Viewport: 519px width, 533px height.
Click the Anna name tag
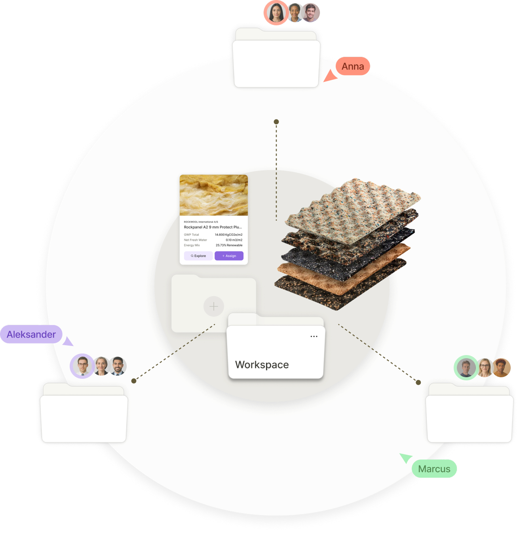(353, 66)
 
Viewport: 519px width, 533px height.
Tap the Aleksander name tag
(31, 335)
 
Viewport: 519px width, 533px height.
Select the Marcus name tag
(434, 469)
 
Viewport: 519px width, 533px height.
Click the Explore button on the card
(198, 256)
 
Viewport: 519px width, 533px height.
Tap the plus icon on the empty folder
(214, 306)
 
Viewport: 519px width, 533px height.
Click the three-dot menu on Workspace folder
(314, 336)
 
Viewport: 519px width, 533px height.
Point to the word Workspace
(262, 365)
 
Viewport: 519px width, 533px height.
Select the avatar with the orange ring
(276, 13)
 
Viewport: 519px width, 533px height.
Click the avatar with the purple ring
(82, 366)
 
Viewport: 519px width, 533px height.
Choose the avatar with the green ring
(466, 368)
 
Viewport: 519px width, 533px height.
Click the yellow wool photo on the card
(214, 195)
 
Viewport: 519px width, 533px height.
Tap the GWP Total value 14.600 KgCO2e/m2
(228, 235)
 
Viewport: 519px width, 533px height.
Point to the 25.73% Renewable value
(229, 245)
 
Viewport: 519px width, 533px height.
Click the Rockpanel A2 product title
(213, 227)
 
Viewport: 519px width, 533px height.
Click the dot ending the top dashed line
(276, 122)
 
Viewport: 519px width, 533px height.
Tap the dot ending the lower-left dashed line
(134, 381)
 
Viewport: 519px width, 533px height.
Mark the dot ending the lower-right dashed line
(418, 382)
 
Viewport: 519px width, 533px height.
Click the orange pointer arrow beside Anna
(329, 76)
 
